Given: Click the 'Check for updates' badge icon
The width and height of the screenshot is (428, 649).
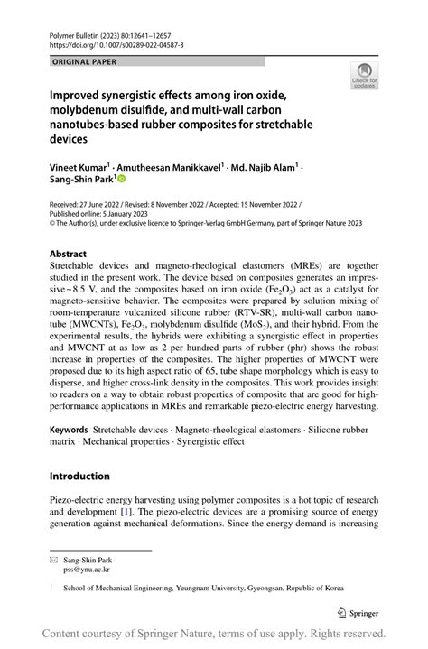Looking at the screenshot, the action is (366, 75).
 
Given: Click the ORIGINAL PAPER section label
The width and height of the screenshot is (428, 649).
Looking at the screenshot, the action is (85, 62).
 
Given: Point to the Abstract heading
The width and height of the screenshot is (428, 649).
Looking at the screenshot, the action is (68, 255).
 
